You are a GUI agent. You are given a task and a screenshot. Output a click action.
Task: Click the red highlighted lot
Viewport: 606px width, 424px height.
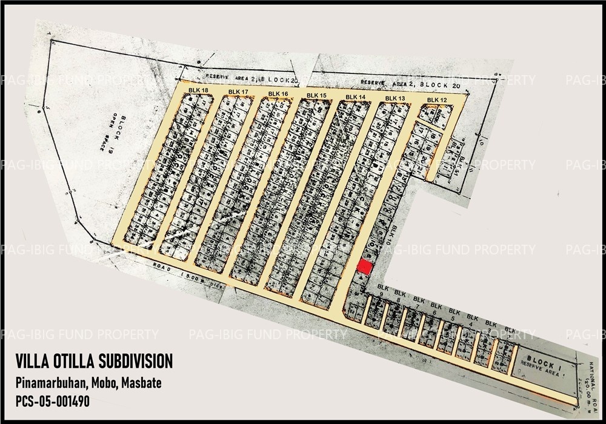[x=364, y=267]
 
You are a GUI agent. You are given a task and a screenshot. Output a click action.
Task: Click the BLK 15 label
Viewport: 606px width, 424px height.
[x=316, y=96]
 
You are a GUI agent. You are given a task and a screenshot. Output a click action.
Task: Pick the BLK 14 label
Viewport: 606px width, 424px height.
[x=356, y=97]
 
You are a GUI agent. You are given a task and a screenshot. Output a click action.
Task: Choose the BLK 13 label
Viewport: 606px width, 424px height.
[x=395, y=99]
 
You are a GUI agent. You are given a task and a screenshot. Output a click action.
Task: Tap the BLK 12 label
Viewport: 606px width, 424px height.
[x=436, y=100]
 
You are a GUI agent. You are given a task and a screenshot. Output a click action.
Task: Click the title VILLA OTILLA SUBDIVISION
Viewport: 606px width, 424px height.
[x=94, y=362]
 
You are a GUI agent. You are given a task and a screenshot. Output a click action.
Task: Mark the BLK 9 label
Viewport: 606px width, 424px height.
[x=382, y=291]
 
